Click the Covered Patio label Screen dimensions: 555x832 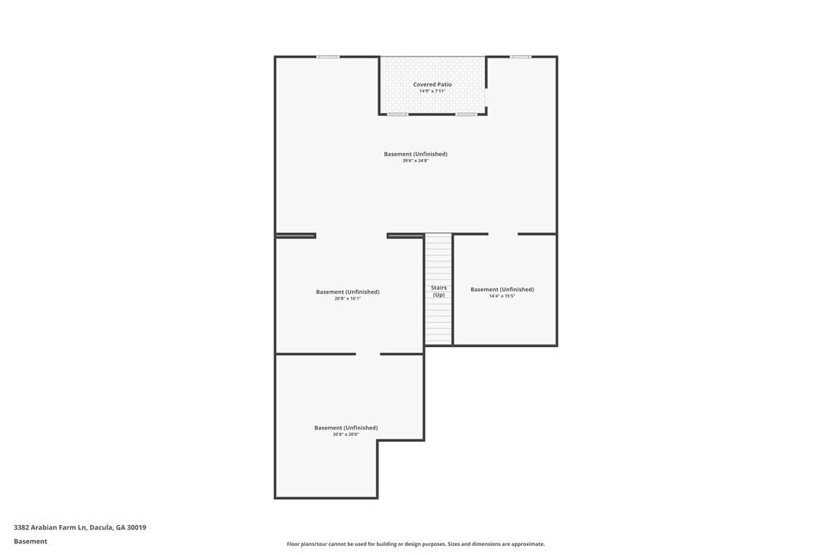coord(433,85)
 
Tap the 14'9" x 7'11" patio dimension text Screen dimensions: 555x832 coord(433,92)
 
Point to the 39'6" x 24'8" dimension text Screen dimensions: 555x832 coord(416,161)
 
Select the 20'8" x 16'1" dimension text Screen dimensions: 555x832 coord(348,298)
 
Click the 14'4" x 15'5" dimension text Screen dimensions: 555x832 coord(502,296)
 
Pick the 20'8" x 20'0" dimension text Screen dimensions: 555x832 coord(345,434)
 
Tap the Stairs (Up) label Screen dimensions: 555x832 coord(438,291)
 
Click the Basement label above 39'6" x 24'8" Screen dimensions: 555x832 coord(416,154)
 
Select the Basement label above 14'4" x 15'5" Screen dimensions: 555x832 coord(502,290)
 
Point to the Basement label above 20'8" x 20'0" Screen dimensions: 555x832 coord(345,428)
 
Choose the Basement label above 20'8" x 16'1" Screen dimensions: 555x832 coord(348,291)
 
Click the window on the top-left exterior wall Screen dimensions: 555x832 coord(328,57)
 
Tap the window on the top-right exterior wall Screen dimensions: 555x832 coord(520,57)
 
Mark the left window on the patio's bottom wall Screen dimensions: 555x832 coord(398,114)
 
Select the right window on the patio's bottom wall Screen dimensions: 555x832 coord(467,114)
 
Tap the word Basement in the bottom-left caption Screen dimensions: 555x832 coord(30,541)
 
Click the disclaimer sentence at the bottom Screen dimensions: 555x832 coord(416,544)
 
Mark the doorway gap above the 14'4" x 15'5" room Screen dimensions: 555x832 coord(503,234)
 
